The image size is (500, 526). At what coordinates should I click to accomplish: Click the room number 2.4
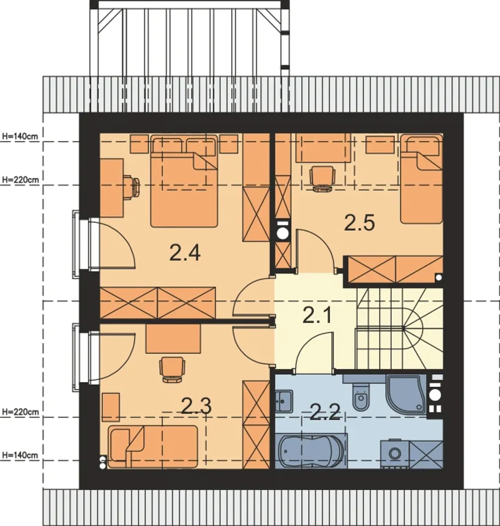click(185, 253)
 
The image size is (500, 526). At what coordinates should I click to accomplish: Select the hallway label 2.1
click(317, 315)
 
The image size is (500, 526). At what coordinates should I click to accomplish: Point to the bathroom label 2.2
click(325, 412)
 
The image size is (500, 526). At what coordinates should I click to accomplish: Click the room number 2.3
click(196, 406)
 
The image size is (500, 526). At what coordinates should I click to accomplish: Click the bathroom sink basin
click(284, 401)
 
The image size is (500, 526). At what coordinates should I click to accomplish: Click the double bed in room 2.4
click(184, 181)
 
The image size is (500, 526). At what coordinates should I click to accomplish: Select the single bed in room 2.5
click(421, 178)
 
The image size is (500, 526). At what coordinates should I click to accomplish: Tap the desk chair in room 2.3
click(172, 369)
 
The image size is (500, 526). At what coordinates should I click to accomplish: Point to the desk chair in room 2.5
click(323, 178)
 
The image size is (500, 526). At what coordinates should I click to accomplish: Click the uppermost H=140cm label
click(20, 136)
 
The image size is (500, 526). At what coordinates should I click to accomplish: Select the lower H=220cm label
click(20, 412)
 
